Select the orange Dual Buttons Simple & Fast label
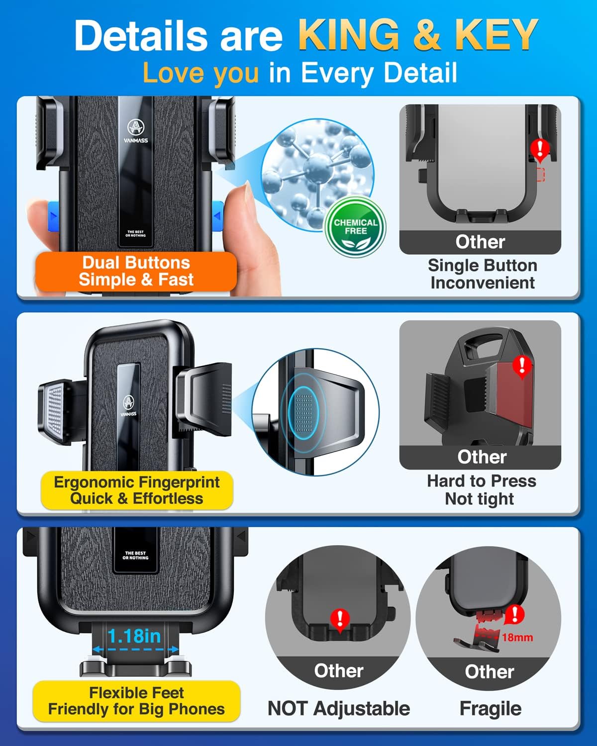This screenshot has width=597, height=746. click(x=136, y=272)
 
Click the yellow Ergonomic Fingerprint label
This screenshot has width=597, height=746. click(x=137, y=490)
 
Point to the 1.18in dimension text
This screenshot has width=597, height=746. click(x=134, y=636)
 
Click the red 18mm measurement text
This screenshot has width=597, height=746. click(x=517, y=637)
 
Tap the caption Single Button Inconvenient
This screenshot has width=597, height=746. click(x=483, y=274)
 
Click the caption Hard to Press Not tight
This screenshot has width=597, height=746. click(x=482, y=490)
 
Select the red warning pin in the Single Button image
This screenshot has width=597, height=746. click(x=540, y=151)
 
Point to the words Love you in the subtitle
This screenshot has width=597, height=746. click(x=201, y=73)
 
